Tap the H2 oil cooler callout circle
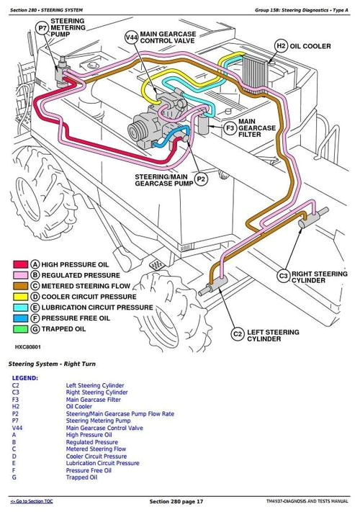[281, 46]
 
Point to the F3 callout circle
[229, 129]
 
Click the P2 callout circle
[201, 178]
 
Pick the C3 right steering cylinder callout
[283, 277]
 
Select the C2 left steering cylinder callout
[236, 333]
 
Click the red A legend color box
[34, 264]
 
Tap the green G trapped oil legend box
[34, 329]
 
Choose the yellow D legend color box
[34, 297]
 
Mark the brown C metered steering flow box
[34, 286]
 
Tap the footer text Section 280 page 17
[176, 501]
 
